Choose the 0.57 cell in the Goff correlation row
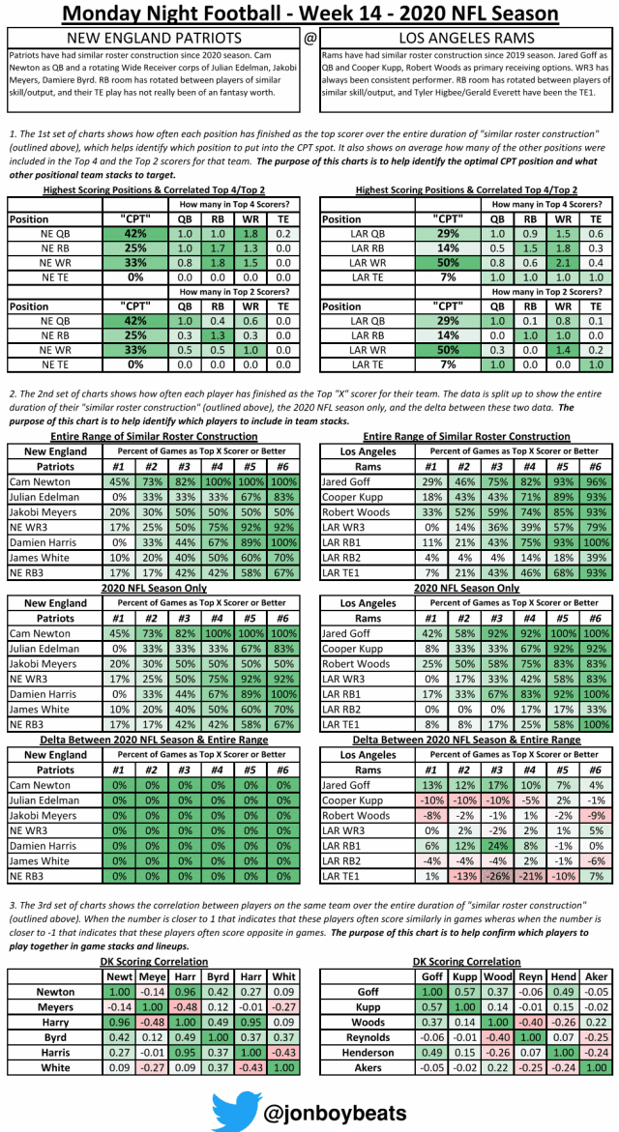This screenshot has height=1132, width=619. pos(465,992)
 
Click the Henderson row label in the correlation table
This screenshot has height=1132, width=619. pos(368,1052)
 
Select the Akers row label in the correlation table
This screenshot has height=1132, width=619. pos(368,1067)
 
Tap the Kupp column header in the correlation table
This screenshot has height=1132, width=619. pos(465,976)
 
